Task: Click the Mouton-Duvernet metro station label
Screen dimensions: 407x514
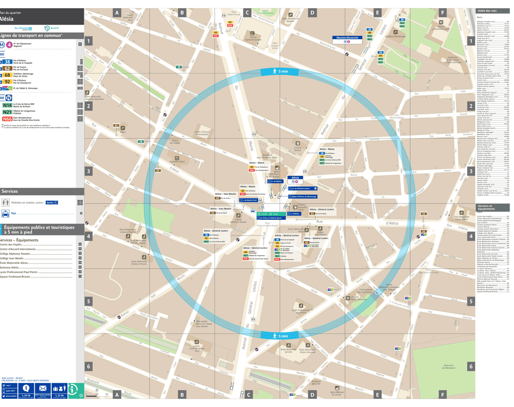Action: pos(347,38)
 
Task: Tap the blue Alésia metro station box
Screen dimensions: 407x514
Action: pos(296,178)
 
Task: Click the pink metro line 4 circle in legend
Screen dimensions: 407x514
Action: pos(9,45)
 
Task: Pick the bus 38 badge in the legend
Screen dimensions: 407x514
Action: pos(7,62)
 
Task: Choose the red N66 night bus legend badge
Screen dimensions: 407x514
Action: pos(7,119)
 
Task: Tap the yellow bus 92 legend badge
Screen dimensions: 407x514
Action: pos(7,82)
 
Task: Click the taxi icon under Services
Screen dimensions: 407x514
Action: pos(5,213)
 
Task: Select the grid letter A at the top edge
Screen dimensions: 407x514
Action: pos(117,13)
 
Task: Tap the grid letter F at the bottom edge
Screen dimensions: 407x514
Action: pos(442,394)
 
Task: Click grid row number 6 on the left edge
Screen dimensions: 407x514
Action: pos(89,366)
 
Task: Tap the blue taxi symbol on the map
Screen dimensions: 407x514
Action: pos(253,211)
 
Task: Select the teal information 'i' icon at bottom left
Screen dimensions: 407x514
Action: pos(75,389)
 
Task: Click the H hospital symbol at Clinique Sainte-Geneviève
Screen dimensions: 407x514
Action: pos(348,298)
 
